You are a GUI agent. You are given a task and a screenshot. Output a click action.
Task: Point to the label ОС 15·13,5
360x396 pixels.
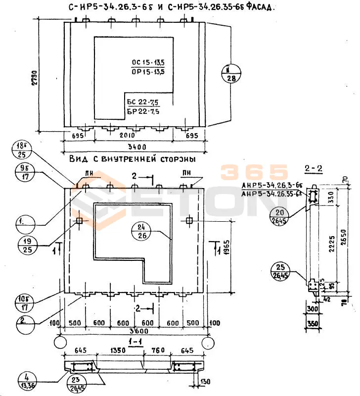[148, 63]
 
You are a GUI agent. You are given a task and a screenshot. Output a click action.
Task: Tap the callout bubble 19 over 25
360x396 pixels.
[27, 246]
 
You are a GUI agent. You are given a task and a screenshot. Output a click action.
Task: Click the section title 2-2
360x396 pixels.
[314, 169]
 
